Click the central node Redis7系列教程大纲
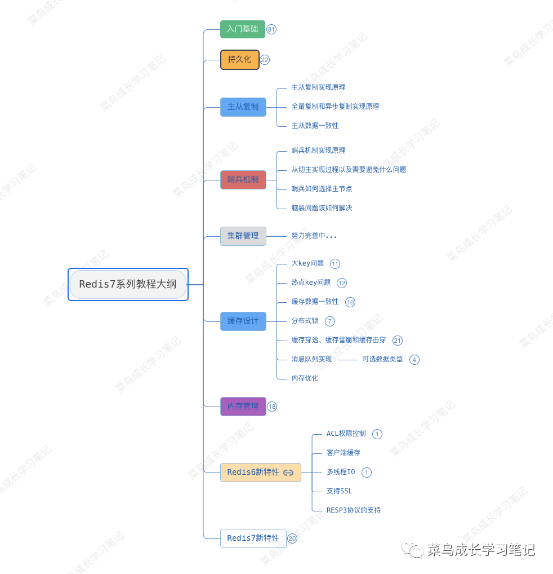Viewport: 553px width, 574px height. click(x=128, y=284)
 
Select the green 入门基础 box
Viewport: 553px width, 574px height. click(x=242, y=29)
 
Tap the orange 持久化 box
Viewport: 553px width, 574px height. click(x=239, y=59)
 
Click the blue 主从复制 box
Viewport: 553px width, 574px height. click(x=243, y=107)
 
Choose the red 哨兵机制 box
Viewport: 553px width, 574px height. click(x=243, y=180)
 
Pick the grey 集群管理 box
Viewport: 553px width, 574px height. click(x=243, y=236)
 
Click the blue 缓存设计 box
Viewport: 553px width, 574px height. click(x=243, y=321)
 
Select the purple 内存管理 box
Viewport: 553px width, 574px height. click(x=243, y=406)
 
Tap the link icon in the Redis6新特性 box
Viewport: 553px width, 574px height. click(x=288, y=473)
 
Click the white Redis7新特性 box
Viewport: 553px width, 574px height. click(x=253, y=538)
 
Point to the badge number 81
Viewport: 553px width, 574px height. click(x=271, y=29)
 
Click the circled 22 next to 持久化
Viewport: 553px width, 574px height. click(x=265, y=60)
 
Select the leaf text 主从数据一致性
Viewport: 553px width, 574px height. click(x=315, y=126)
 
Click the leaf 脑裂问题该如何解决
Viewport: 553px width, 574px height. click(x=322, y=208)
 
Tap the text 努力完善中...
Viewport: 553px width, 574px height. click(x=314, y=236)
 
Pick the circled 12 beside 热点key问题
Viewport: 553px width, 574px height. click(x=342, y=283)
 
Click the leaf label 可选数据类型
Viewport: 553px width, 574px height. click(x=382, y=359)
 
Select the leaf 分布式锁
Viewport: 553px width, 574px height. click(x=305, y=321)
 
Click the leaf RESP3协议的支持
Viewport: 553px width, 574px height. click(x=353, y=510)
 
